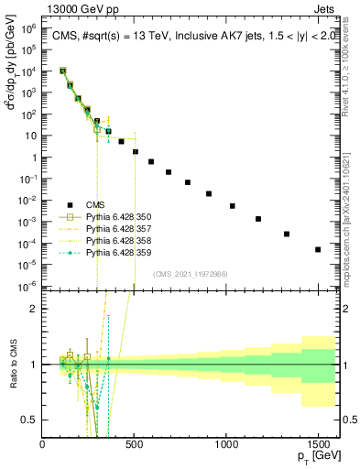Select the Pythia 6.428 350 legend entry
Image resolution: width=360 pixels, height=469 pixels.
123,216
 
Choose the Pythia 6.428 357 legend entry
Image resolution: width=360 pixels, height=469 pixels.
123,228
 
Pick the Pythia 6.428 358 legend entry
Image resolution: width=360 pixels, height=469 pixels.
123,240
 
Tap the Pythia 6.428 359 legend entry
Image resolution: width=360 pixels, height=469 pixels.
123,252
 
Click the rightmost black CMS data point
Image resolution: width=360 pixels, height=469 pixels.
318,249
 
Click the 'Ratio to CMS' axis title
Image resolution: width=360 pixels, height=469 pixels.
13,365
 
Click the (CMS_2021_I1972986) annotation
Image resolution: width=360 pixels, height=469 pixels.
191,275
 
